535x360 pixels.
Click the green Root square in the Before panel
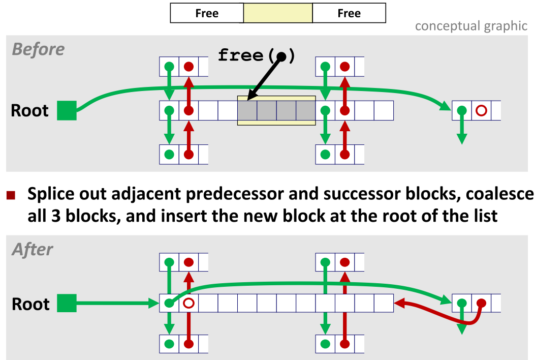(67, 110)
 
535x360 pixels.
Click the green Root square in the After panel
(67, 304)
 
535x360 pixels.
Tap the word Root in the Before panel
(30, 111)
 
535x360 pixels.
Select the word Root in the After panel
(30, 304)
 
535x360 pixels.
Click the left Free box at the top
(207, 13)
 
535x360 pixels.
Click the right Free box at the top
(349, 13)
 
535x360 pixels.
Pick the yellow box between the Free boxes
(278, 13)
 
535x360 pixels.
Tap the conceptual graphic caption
(471, 26)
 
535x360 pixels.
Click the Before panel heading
(38, 49)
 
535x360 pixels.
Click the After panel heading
(33, 249)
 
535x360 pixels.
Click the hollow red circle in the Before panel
(481, 110)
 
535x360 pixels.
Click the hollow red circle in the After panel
(188, 304)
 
